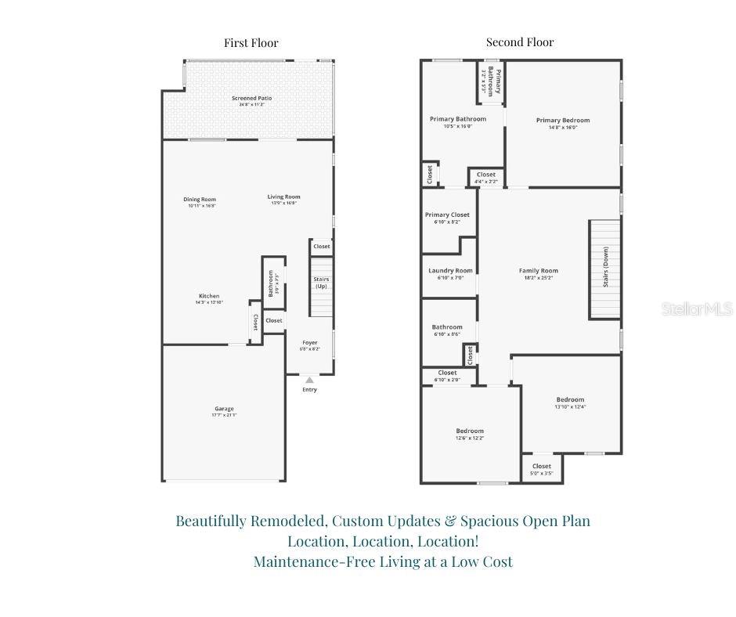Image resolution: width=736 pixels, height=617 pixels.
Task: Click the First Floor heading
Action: [x=251, y=43]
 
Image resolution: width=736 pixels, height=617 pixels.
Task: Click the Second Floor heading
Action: [x=520, y=42]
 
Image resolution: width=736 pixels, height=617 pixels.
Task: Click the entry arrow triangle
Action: [x=309, y=380]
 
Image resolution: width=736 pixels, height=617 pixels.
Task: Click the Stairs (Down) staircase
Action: [x=604, y=269]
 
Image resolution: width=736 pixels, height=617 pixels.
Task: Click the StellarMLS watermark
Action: [x=696, y=309]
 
